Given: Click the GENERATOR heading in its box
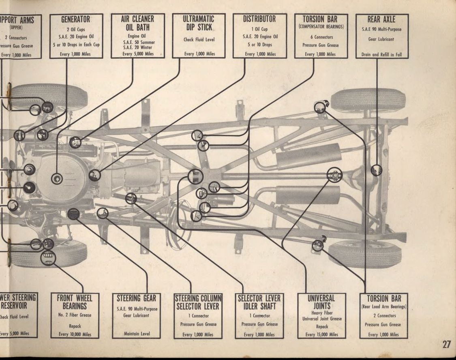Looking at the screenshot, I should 75,19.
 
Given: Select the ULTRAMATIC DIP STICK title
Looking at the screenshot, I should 199,23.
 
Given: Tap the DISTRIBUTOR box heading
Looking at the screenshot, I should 259,19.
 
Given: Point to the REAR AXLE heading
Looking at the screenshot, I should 381,19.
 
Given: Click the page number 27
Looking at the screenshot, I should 446,345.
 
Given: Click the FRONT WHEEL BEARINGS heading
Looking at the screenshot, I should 75,302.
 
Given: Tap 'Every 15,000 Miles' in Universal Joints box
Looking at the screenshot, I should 321,334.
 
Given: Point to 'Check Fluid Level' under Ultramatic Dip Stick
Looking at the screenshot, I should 199,40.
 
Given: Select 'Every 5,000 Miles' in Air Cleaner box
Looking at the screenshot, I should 138,54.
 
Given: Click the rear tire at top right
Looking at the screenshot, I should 368,100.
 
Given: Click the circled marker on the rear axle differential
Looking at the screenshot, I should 376,170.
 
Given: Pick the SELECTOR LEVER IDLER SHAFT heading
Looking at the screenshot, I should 259,302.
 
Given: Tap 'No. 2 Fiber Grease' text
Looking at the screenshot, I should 75,315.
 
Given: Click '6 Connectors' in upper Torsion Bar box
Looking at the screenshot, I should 320,37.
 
